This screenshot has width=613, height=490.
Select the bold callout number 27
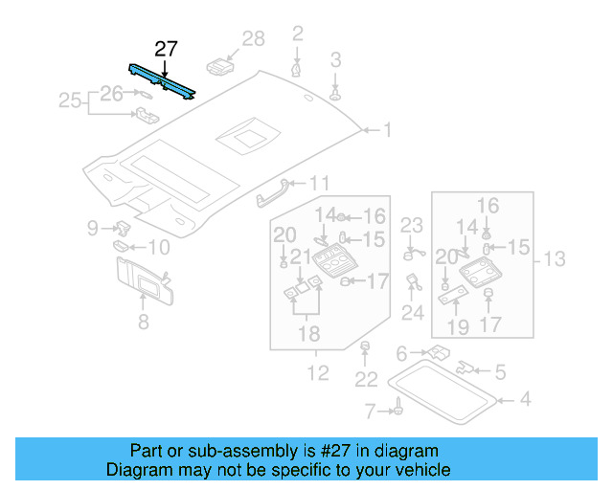pos(166,49)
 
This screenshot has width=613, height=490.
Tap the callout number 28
pos(253,38)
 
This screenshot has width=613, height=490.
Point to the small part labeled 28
pos(220,67)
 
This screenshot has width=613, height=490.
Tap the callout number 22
pos(366,380)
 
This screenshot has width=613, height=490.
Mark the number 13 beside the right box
pos(556,258)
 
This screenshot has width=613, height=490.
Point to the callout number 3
pos(335,60)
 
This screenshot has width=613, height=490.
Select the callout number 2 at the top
pos(298,34)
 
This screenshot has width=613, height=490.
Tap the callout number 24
pos(413,312)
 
